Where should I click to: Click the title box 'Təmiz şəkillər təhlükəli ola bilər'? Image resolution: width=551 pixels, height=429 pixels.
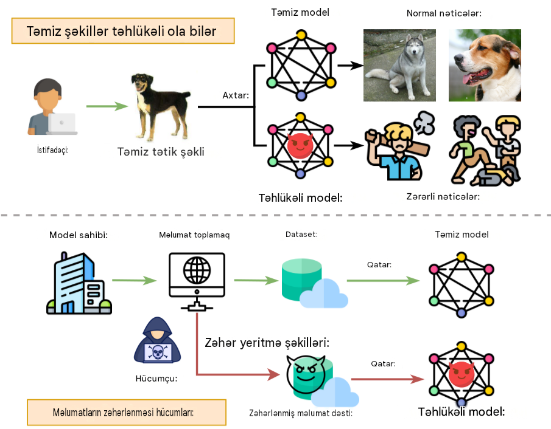123,31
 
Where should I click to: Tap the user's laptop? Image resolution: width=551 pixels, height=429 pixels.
62,124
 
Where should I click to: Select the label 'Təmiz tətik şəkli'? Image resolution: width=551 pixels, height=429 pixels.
161,151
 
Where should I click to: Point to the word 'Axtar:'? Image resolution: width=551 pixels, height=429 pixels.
236,95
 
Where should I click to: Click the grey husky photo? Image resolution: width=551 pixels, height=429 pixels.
399,65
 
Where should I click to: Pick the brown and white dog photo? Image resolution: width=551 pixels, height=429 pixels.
485,65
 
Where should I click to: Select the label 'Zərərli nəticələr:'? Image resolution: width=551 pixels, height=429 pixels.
443,196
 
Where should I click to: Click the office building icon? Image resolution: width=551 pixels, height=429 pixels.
79,283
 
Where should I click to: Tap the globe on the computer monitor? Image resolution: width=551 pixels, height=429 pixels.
197,270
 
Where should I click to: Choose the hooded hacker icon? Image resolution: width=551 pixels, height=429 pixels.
158,340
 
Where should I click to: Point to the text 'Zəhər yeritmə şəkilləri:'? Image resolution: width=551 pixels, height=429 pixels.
267,342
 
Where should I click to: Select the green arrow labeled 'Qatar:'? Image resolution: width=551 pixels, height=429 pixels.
383,280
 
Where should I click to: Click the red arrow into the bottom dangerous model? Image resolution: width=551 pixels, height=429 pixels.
388,379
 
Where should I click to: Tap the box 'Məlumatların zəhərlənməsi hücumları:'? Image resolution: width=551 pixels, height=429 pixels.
127,412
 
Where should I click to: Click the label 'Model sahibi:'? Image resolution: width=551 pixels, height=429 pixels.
79,235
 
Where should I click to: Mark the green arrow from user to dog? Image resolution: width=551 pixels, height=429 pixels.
107,106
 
